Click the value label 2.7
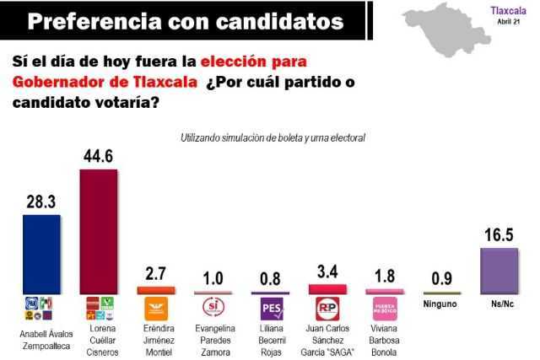point(154,274)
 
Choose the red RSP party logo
point(327,307)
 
